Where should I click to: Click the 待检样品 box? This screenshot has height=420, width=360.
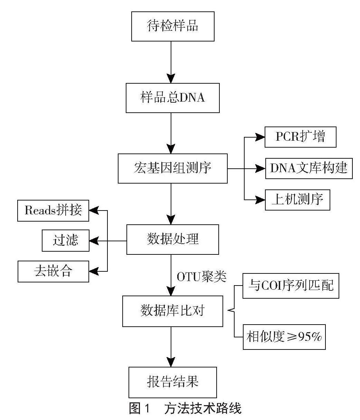click(x=172, y=27)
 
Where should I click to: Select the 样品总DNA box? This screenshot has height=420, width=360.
click(x=172, y=98)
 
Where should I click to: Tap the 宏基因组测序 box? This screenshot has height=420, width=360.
click(x=172, y=168)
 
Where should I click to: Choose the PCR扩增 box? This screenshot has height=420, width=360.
click(x=301, y=137)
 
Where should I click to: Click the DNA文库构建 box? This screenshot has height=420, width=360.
click(x=309, y=168)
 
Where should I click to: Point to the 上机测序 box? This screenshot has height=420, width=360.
click(x=297, y=200)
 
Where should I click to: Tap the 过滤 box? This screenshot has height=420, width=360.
click(x=66, y=240)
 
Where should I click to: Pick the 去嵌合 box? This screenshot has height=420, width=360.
click(x=53, y=271)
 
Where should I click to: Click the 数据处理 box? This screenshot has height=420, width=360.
click(x=172, y=240)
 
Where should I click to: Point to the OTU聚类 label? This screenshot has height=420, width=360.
click(x=202, y=277)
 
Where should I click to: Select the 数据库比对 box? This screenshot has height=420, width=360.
click(x=172, y=311)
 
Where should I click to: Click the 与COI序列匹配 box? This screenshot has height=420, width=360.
click(x=291, y=286)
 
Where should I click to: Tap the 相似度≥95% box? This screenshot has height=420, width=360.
click(x=284, y=337)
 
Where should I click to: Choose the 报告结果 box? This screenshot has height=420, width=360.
click(x=172, y=382)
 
